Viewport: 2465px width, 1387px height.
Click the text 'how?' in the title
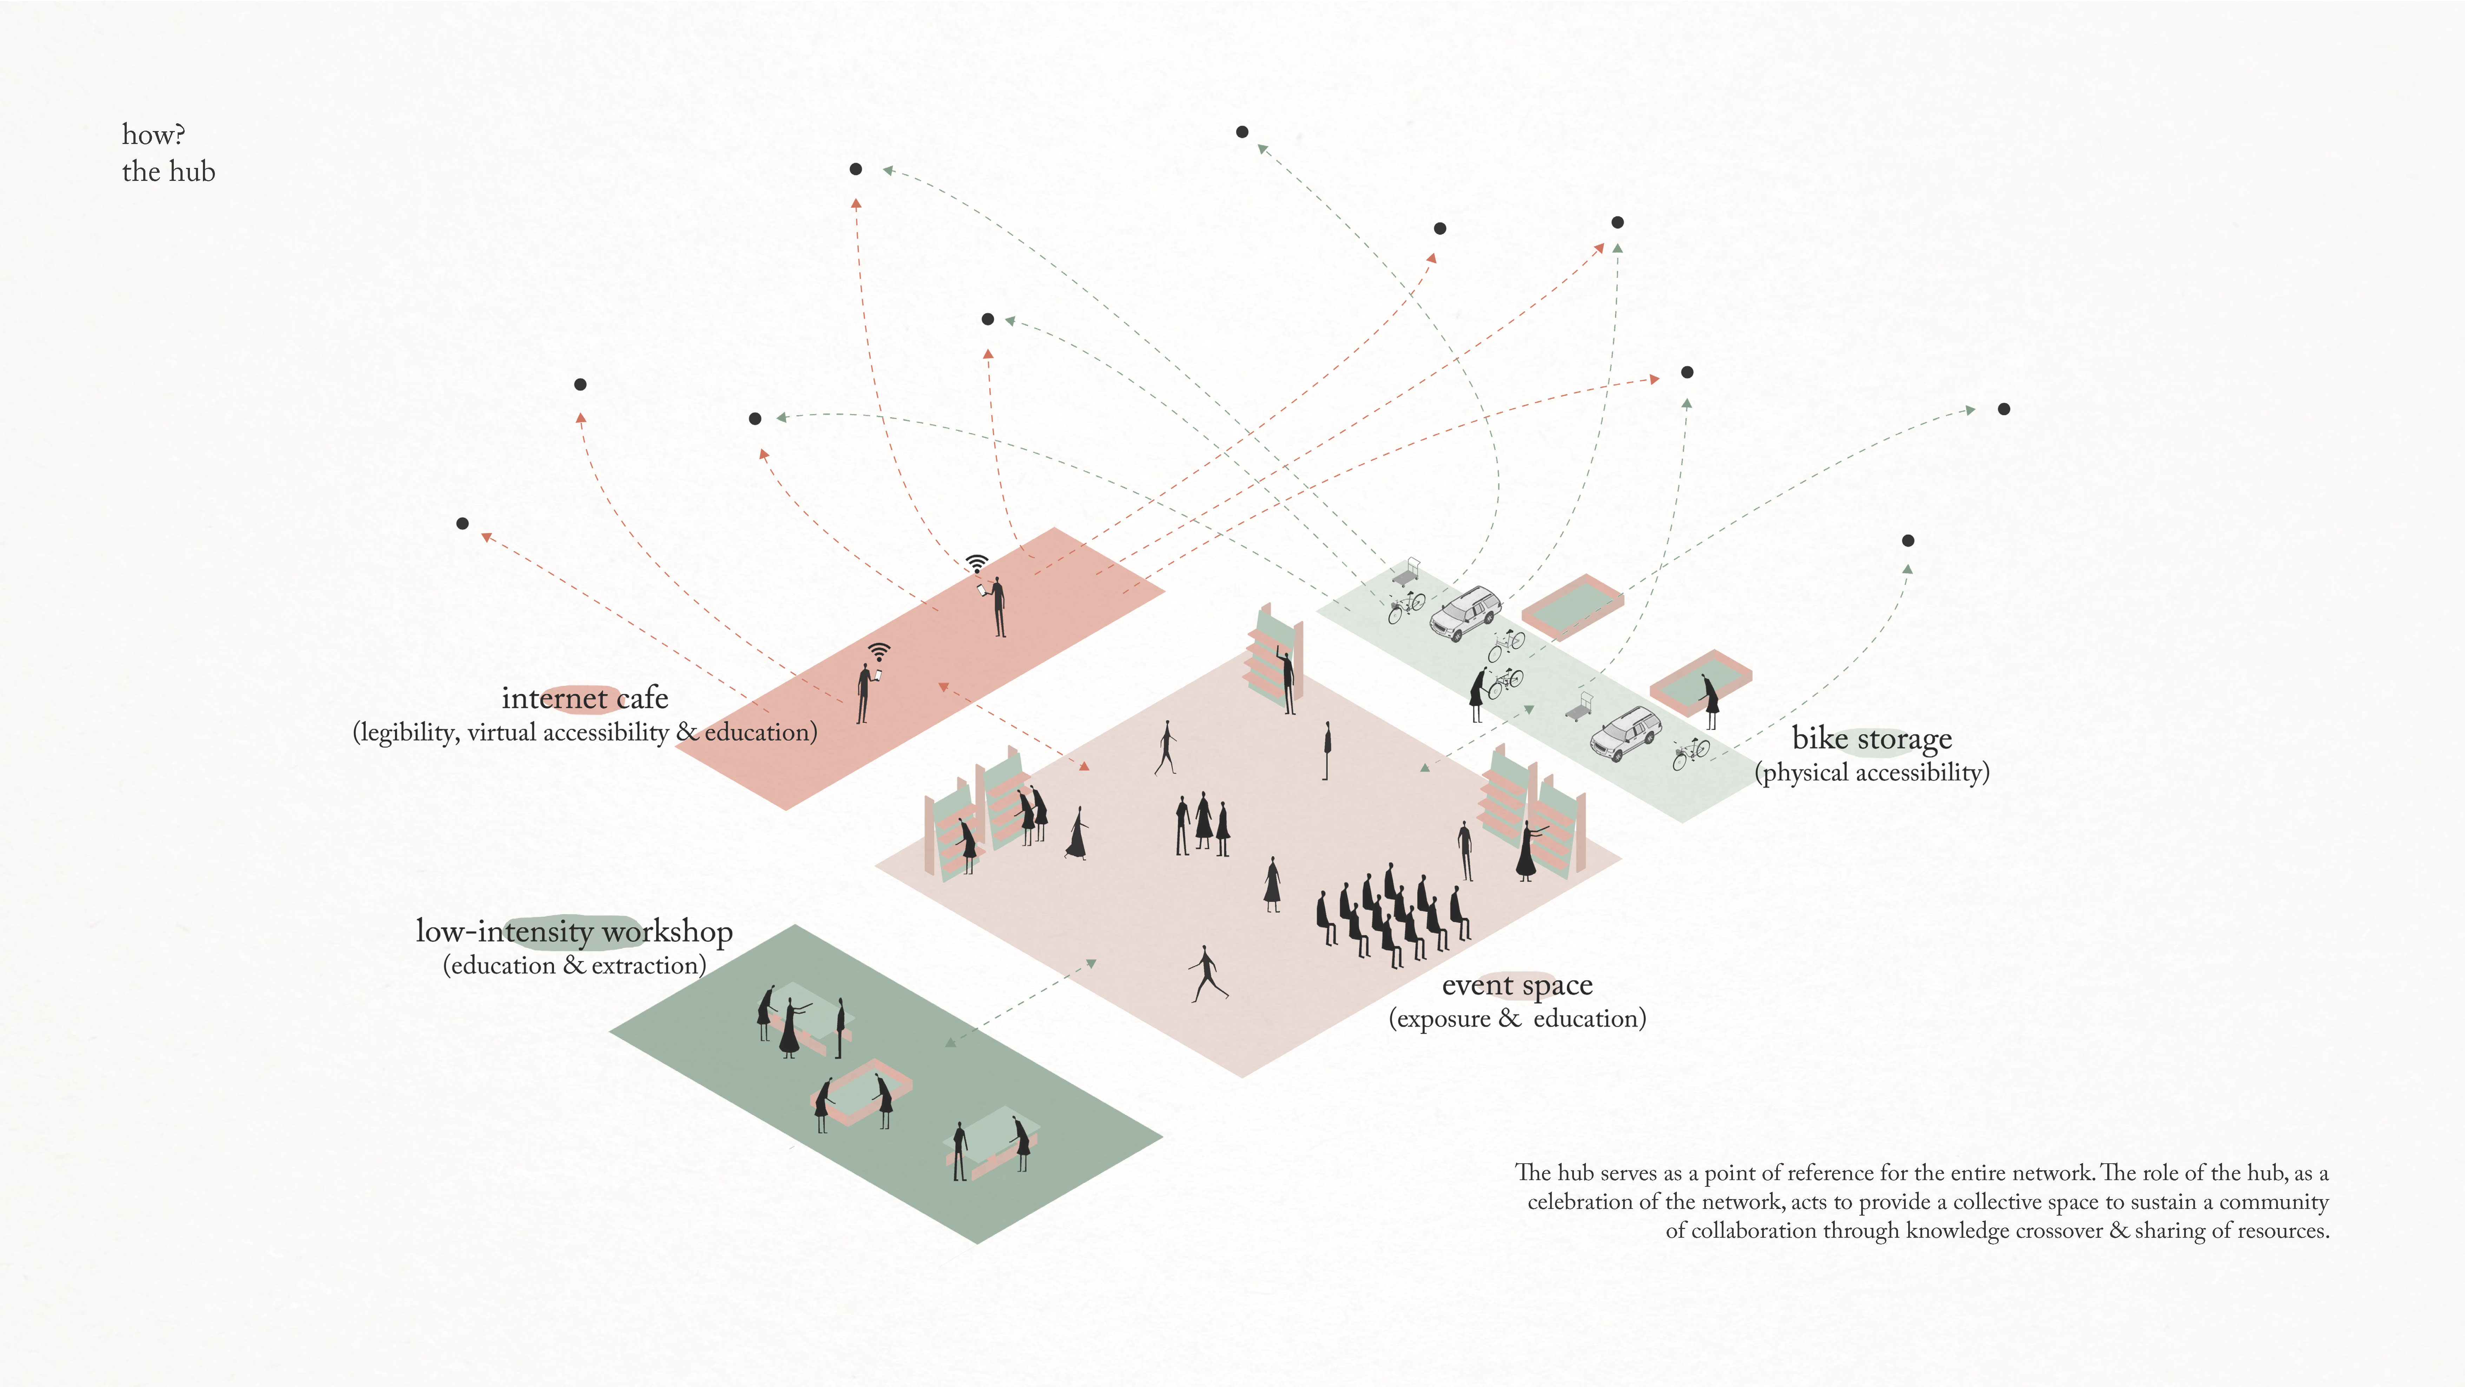[153, 135]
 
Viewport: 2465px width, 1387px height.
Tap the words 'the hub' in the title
[169, 172]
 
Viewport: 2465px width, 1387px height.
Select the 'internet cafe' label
[585, 698]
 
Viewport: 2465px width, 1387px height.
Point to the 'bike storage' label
[1872, 739]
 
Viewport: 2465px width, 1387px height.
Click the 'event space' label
[1517, 985]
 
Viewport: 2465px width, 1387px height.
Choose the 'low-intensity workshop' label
[574, 931]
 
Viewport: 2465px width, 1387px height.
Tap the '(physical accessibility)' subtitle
[1872, 772]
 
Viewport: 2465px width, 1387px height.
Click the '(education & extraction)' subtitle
[574, 965]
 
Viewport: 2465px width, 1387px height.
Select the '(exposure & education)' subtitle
[1517, 1019]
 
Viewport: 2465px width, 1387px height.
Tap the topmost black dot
[1242, 132]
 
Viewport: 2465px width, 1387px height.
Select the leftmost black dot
[462, 524]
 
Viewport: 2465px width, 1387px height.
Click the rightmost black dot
[2004, 409]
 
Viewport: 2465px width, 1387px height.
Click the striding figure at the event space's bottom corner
[1208, 974]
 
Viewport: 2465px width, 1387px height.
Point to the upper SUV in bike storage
[1464, 613]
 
